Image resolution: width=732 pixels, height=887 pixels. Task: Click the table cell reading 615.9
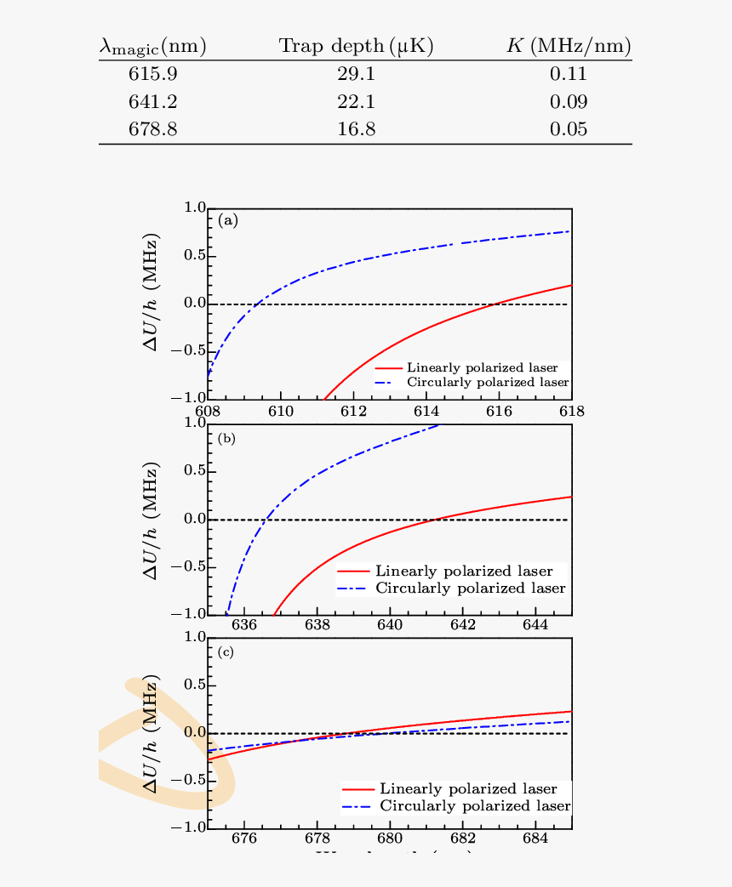(153, 74)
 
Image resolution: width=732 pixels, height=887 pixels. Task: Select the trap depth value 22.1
(356, 102)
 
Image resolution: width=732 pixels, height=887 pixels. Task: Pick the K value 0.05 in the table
(569, 130)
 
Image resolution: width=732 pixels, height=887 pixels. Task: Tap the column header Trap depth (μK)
(357, 47)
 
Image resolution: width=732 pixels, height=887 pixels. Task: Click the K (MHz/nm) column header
(569, 47)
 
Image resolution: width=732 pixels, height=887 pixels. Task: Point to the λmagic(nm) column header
(153, 47)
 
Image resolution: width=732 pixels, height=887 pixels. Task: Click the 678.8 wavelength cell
(153, 130)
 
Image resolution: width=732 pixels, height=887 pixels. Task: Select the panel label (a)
(228, 221)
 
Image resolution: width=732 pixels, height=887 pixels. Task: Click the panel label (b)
(227, 439)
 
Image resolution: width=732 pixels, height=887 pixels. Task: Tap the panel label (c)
(227, 653)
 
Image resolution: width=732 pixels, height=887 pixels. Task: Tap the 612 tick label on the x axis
(353, 412)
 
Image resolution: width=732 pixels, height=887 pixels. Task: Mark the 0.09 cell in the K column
(569, 102)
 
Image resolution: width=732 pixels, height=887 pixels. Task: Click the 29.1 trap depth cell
(356, 74)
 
